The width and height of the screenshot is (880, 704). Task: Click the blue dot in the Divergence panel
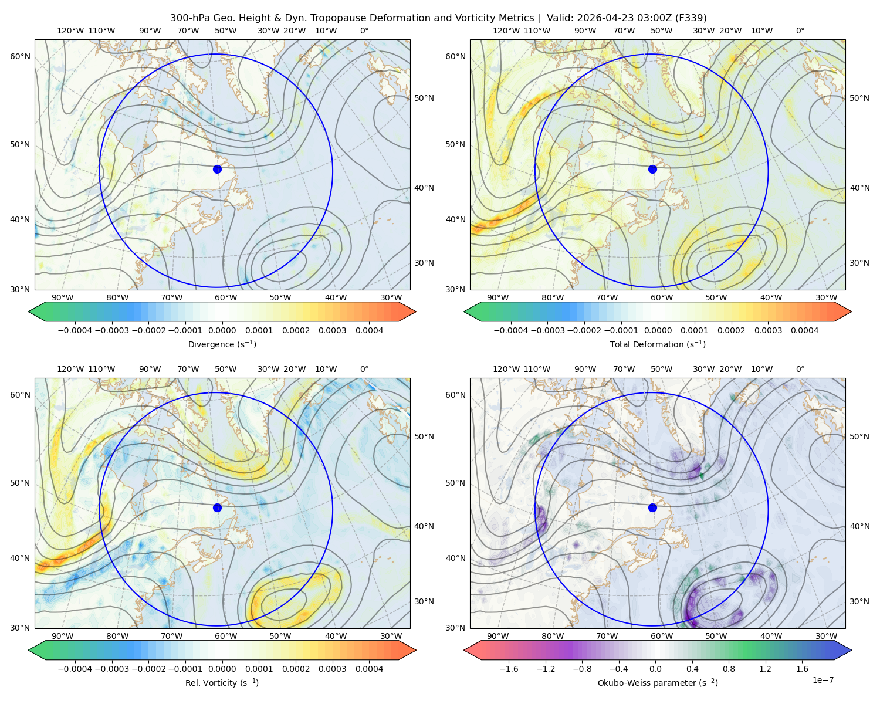tap(217, 169)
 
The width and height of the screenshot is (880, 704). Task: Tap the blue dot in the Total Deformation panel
tap(652, 169)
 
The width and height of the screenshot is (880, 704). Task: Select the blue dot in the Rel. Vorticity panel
tap(217, 507)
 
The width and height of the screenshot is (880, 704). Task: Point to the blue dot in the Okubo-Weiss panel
tap(652, 507)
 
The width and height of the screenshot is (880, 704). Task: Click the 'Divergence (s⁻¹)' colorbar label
tap(222, 344)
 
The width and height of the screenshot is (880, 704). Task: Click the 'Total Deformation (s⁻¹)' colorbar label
tap(658, 344)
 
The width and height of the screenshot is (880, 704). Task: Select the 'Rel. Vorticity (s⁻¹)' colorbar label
tap(222, 682)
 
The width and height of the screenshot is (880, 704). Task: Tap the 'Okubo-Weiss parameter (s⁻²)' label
tap(658, 682)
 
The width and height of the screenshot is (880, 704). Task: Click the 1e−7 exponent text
tap(823, 680)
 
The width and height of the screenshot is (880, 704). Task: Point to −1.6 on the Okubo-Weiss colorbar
tap(509, 669)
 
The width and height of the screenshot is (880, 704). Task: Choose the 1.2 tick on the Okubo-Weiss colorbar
tap(765, 669)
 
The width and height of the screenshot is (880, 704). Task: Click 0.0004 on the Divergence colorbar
tap(369, 330)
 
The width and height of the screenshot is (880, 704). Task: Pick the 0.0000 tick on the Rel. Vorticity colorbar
tap(222, 669)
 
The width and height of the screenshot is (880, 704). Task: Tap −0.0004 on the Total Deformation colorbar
tap(510, 330)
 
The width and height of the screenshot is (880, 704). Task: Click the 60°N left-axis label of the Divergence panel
tap(20, 56)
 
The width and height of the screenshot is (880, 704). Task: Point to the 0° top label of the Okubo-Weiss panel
tap(800, 369)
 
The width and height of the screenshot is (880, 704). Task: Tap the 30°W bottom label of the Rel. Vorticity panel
tap(391, 636)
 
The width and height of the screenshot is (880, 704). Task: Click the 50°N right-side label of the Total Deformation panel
tap(859, 98)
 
